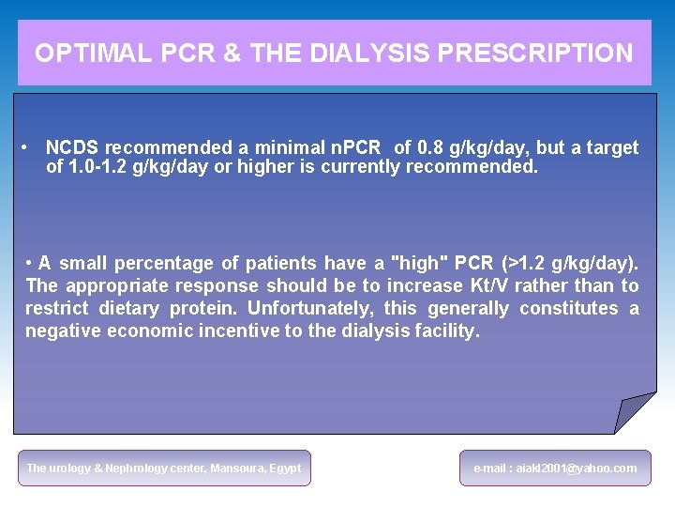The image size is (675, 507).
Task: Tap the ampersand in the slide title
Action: [x=232, y=54]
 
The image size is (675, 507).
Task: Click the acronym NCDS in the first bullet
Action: [x=73, y=147]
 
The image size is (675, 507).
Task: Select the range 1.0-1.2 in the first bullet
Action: [x=101, y=167]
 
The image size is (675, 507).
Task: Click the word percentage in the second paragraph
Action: [x=174, y=264]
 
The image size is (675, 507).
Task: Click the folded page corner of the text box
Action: [x=634, y=411]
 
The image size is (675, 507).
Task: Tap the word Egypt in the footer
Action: [x=285, y=468]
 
